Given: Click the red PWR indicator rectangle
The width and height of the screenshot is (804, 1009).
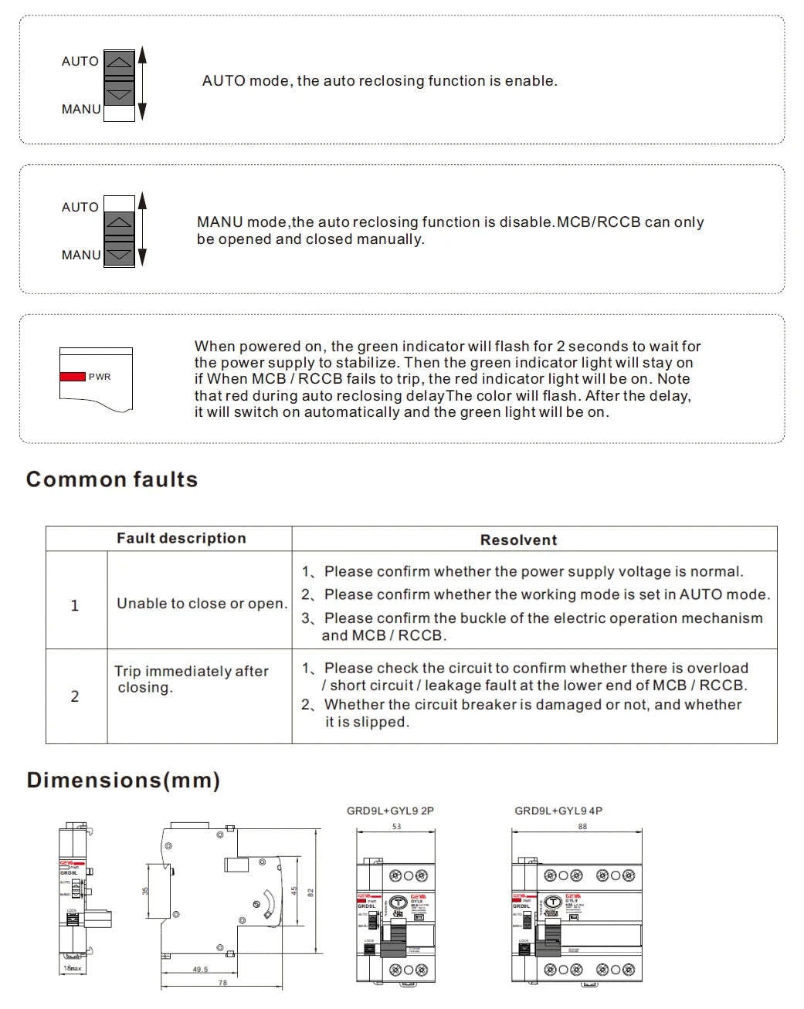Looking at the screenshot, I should [x=73, y=376].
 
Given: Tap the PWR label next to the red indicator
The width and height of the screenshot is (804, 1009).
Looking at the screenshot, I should [x=100, y=377].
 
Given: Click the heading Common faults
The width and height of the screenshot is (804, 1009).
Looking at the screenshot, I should [x=112, y=479].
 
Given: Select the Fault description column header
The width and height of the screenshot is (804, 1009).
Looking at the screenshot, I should [x=181, y=538].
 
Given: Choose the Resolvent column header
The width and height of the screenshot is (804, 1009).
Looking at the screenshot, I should [x=518, y=540].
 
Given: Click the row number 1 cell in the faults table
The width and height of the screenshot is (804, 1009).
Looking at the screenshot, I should [x=75, y=605].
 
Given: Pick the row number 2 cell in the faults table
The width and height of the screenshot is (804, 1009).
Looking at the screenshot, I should [x=75, y=696].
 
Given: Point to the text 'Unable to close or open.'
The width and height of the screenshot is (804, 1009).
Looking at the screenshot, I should [x=202, y=604].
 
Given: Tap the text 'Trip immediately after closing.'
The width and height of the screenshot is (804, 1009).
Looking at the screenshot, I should [x=192, y=679].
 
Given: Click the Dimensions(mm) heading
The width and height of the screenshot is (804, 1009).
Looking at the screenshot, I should [x=124, y=780].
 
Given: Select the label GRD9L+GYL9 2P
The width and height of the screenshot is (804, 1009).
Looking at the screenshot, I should [x=390, y=811].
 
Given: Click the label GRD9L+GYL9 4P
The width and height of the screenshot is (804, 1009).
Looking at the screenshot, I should [x=558, y=811].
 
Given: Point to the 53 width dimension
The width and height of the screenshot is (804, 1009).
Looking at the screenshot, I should [x=396, y=826].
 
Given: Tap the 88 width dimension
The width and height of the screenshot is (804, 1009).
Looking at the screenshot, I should [x=582, y=826].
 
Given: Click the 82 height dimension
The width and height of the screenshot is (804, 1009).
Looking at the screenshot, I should [x=310, y=892].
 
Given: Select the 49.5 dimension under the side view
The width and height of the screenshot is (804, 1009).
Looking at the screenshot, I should [x=200, y=970].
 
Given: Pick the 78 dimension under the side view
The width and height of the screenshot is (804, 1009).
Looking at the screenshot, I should [x=222, y=983].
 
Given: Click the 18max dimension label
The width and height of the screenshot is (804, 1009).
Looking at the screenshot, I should [x=72, y=968].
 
